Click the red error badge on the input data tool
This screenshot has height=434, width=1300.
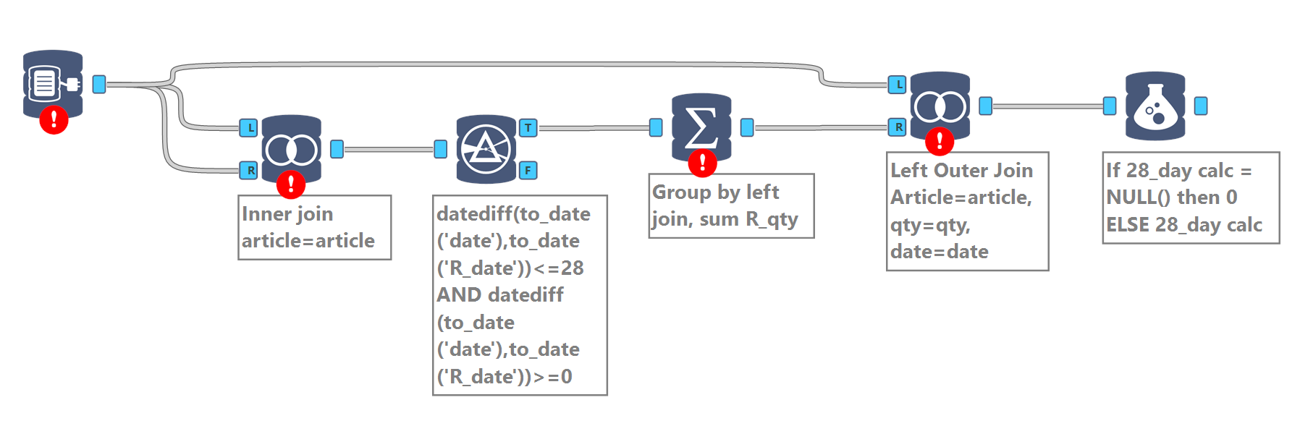(54, 120)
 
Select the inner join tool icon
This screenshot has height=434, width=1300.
(291, 149)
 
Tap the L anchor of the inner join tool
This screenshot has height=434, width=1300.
(249, 128)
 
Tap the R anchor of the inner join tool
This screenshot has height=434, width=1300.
(249, 171)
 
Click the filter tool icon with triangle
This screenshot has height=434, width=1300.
(486, 149)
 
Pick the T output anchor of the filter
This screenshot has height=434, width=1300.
(528, 128)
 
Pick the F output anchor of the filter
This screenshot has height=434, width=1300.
(528, 171)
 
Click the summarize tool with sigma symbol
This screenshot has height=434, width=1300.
(701, 127)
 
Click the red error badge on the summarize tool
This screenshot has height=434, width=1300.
(702, 163)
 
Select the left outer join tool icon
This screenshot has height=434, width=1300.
(940, 107)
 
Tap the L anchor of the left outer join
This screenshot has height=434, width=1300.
(898, 85)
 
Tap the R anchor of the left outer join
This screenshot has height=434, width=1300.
(898, 127)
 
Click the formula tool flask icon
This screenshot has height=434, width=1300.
(1155, 106)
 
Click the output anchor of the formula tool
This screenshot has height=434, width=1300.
(1201, 106)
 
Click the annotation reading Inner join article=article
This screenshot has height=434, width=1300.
(314, 227)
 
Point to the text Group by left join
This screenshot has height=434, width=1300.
(715, 192)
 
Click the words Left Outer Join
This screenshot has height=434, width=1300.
(961, 171)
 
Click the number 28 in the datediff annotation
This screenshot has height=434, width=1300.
(572, 268)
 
